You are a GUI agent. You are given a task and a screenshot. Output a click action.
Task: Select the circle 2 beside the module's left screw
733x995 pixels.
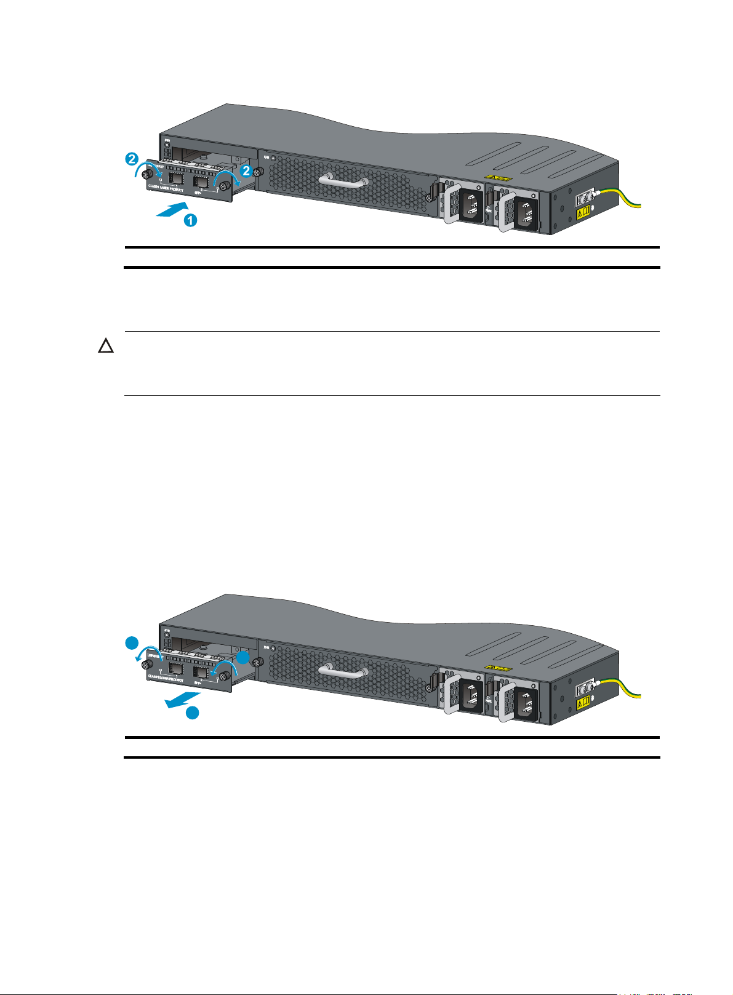pos(130,159)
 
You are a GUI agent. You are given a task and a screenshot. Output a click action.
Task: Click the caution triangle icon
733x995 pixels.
pos(106,346)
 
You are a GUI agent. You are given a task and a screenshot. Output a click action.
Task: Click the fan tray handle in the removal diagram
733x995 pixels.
pos(343,671)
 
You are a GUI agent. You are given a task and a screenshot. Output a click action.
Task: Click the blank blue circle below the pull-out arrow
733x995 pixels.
pos(193,713)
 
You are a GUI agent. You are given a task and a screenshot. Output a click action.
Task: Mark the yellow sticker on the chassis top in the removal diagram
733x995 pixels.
pos(499,668)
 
